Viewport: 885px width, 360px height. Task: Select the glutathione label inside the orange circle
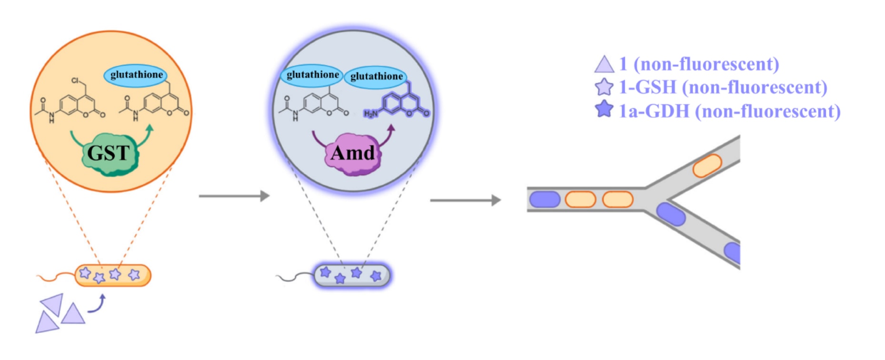pos(136,75)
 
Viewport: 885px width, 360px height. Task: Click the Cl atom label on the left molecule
pos(75,80)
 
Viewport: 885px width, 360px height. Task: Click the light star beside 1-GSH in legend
pos(604,87)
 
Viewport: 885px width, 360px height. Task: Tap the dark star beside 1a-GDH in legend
pos(604,109)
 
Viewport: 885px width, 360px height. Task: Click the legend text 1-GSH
pos(647,88)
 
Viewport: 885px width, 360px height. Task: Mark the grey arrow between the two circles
pos(233,196)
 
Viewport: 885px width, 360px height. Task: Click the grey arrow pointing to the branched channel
pos(465,200)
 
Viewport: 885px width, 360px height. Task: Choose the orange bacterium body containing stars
pos(113,275)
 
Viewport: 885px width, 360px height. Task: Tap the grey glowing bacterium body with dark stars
pos(352,275)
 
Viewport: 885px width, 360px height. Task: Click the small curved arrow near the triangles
pos(97,305)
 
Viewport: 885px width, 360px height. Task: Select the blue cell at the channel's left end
pos(544,199)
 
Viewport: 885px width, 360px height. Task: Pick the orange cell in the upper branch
pos(707,165)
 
